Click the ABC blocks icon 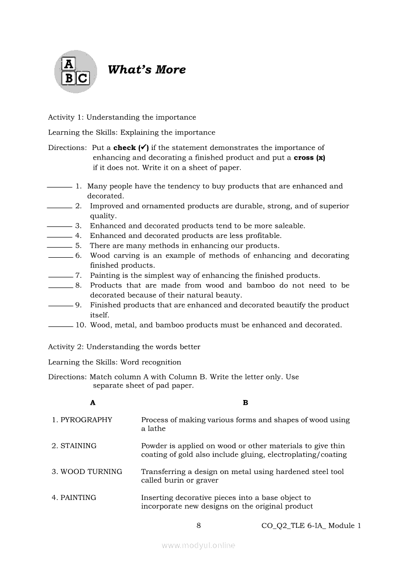[x=75, y=71]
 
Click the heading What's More [x=147, y=70]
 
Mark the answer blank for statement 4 [x=59, y=236]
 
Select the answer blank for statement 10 [x=61, y=325]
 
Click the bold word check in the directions [x=124, y=148]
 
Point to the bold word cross [x=304, y=158]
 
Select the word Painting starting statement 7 [x=105, y=275]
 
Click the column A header [x=93, y=403]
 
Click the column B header [x=246, y=403]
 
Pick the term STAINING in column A [x=78, y=446]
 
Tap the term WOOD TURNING [x=91, y=472]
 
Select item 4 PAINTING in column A [x=78, y=498]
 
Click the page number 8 [x=198, y=525]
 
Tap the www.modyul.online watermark [x=198, y=545]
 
